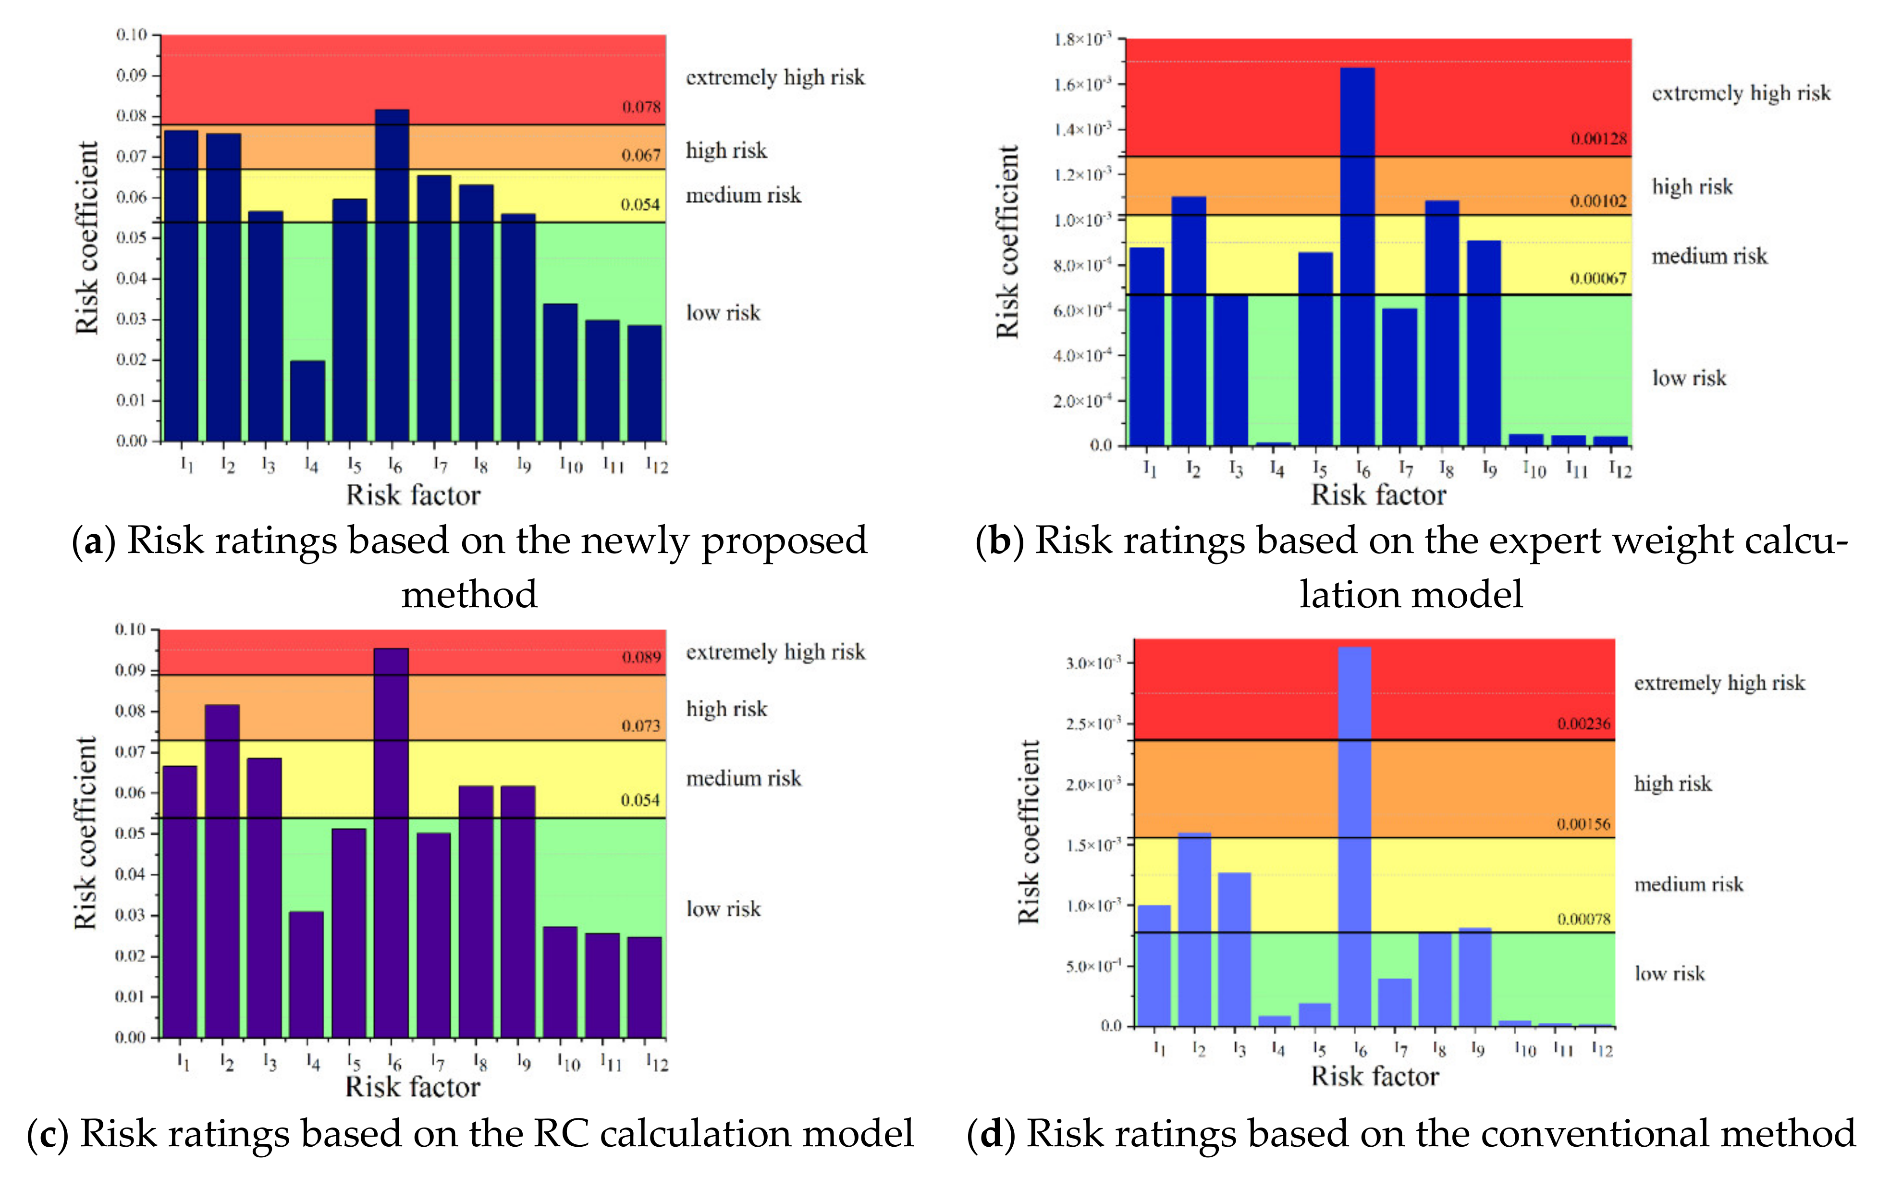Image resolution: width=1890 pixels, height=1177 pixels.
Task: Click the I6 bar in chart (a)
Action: (x=392, y=276)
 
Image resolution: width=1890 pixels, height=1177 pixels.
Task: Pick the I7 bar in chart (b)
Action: (x=1399, y=378)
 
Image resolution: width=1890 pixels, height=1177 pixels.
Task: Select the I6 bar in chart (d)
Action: (x=1354, y=837)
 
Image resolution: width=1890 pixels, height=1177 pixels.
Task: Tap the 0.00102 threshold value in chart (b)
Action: (x=1597, y=201)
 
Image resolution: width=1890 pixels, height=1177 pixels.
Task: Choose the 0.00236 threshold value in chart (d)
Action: (x=1583, y=723)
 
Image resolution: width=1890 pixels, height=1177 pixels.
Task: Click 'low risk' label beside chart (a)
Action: (x=723, y=313)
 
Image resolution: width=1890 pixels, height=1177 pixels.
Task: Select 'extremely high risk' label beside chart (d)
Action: (x=1719, y=683)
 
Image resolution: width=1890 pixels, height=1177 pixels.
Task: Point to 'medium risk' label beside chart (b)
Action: (x=1709, y=256)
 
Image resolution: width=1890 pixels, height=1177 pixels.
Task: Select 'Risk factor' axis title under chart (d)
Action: (x=1375, y=1077)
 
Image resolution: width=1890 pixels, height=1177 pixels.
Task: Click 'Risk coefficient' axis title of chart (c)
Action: (x=86, y=833)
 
